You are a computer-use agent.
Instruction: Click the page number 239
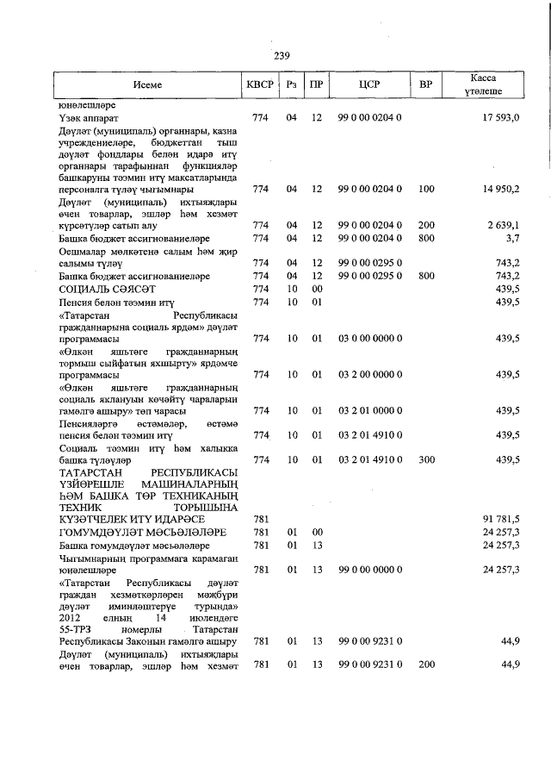(x=281, y=56)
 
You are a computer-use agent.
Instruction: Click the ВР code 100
(x=425, y=188)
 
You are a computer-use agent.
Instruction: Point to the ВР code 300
(x=425, y=460)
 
